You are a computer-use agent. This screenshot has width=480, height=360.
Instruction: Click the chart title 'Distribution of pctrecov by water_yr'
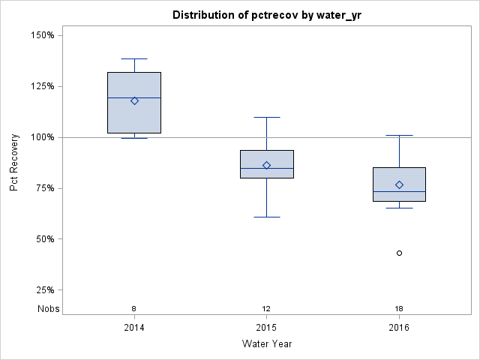point(267,15)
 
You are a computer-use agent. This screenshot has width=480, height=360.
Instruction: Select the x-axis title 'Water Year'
point(267,344)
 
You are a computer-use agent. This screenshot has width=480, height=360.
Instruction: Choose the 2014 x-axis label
point(134,328)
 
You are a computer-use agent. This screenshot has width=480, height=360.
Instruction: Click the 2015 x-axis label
point(267,328)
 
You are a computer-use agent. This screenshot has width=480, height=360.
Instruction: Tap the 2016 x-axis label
point(399,328)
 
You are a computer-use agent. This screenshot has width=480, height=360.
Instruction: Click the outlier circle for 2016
point(399,253)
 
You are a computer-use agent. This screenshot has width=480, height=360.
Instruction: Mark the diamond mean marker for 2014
point(134,100)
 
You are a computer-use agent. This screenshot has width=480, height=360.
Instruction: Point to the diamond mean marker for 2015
point(267,165)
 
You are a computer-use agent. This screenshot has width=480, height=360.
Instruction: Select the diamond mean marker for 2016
point(399,184)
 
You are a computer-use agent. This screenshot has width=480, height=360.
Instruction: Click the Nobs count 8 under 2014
point(134,309)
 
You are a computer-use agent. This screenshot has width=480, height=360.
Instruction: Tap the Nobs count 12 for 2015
point(267,309)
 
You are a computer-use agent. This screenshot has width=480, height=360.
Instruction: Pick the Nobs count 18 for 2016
point(399,309)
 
